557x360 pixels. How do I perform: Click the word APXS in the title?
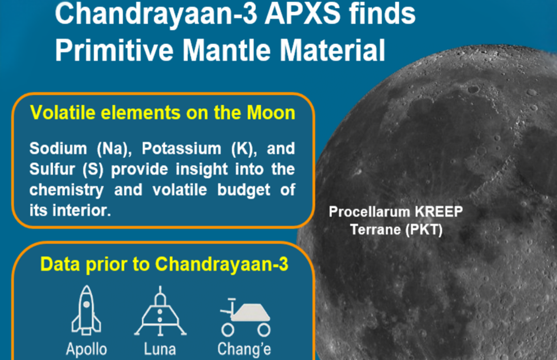pos(302,14)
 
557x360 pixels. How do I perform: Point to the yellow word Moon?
pos(271,113)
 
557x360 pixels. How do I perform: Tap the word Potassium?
pos(182,148)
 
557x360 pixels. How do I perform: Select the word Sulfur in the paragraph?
pos(52,169)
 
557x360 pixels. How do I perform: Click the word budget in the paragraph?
pos(244,190)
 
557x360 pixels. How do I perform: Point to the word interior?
pos(81,211)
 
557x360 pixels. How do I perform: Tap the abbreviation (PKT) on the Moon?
pos(424,230)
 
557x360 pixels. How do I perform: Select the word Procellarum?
pos(370,212)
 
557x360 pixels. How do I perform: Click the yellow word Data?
pos(60,264)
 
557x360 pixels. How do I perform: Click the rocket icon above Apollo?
pos(86,310)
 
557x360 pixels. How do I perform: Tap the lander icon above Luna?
pos(160,310)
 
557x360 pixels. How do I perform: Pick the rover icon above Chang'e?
pos(246,318)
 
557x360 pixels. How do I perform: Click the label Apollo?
pos(86,349)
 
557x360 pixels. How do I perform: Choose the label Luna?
pos(160,349)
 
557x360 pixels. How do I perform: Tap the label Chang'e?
pos(245,349)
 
